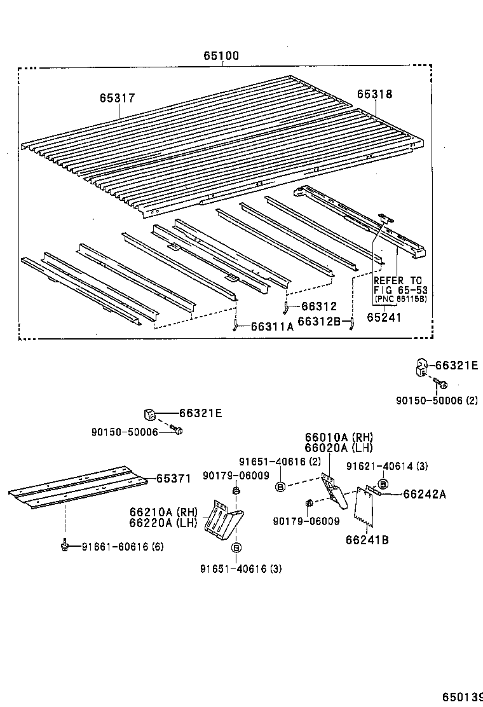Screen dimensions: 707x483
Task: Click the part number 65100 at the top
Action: click(x=221, y=56)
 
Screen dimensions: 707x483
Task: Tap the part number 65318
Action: click(x=374, y=94)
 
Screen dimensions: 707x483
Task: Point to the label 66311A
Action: click(x=272, y=327)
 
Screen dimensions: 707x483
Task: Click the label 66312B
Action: click(x=319, y=322)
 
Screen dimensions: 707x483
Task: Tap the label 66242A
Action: click(x=424, y=493)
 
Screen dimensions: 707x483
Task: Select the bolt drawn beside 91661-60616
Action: click(x=65, y=545)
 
